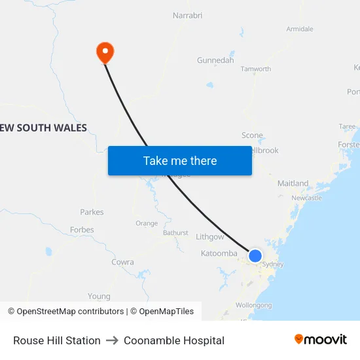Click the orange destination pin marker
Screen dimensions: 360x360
tap(105, 52)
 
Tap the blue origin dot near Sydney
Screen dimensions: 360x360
tap(255, 256)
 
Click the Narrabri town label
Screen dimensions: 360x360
tap(189, 15)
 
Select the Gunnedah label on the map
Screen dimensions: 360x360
tap(215, 60)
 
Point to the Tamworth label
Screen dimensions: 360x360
tap(256, 69)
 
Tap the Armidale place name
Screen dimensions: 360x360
tap(300, 29)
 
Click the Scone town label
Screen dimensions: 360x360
tap(252, 135)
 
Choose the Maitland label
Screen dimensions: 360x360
tap(293, 183)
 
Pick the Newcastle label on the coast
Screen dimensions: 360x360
tap(306, 198)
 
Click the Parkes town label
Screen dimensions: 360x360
tap(92, 212)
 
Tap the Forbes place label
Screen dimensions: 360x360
tap(82, 230)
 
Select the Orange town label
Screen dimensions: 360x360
tap(147, 223)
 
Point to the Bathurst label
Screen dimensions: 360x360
tap(175, 232)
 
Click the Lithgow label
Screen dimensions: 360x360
tap(209, 237)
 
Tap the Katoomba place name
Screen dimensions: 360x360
tap(219, 253)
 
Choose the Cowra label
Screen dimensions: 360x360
tap(122, 262)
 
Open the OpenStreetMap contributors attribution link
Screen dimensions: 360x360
tap(65, 312)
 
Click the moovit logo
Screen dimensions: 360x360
tap(321, 340)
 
